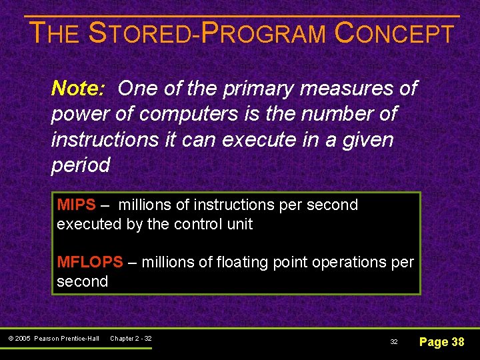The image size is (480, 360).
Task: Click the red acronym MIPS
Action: coord(76,205)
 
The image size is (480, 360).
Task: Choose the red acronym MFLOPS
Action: coord(90,262)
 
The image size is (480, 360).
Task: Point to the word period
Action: coord(81,166)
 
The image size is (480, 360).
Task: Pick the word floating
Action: coord(243,262)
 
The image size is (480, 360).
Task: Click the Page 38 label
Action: coord(441,342)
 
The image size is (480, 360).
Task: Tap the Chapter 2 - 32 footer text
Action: coord(131,339)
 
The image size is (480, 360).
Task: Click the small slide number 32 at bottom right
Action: coord(394,342)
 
